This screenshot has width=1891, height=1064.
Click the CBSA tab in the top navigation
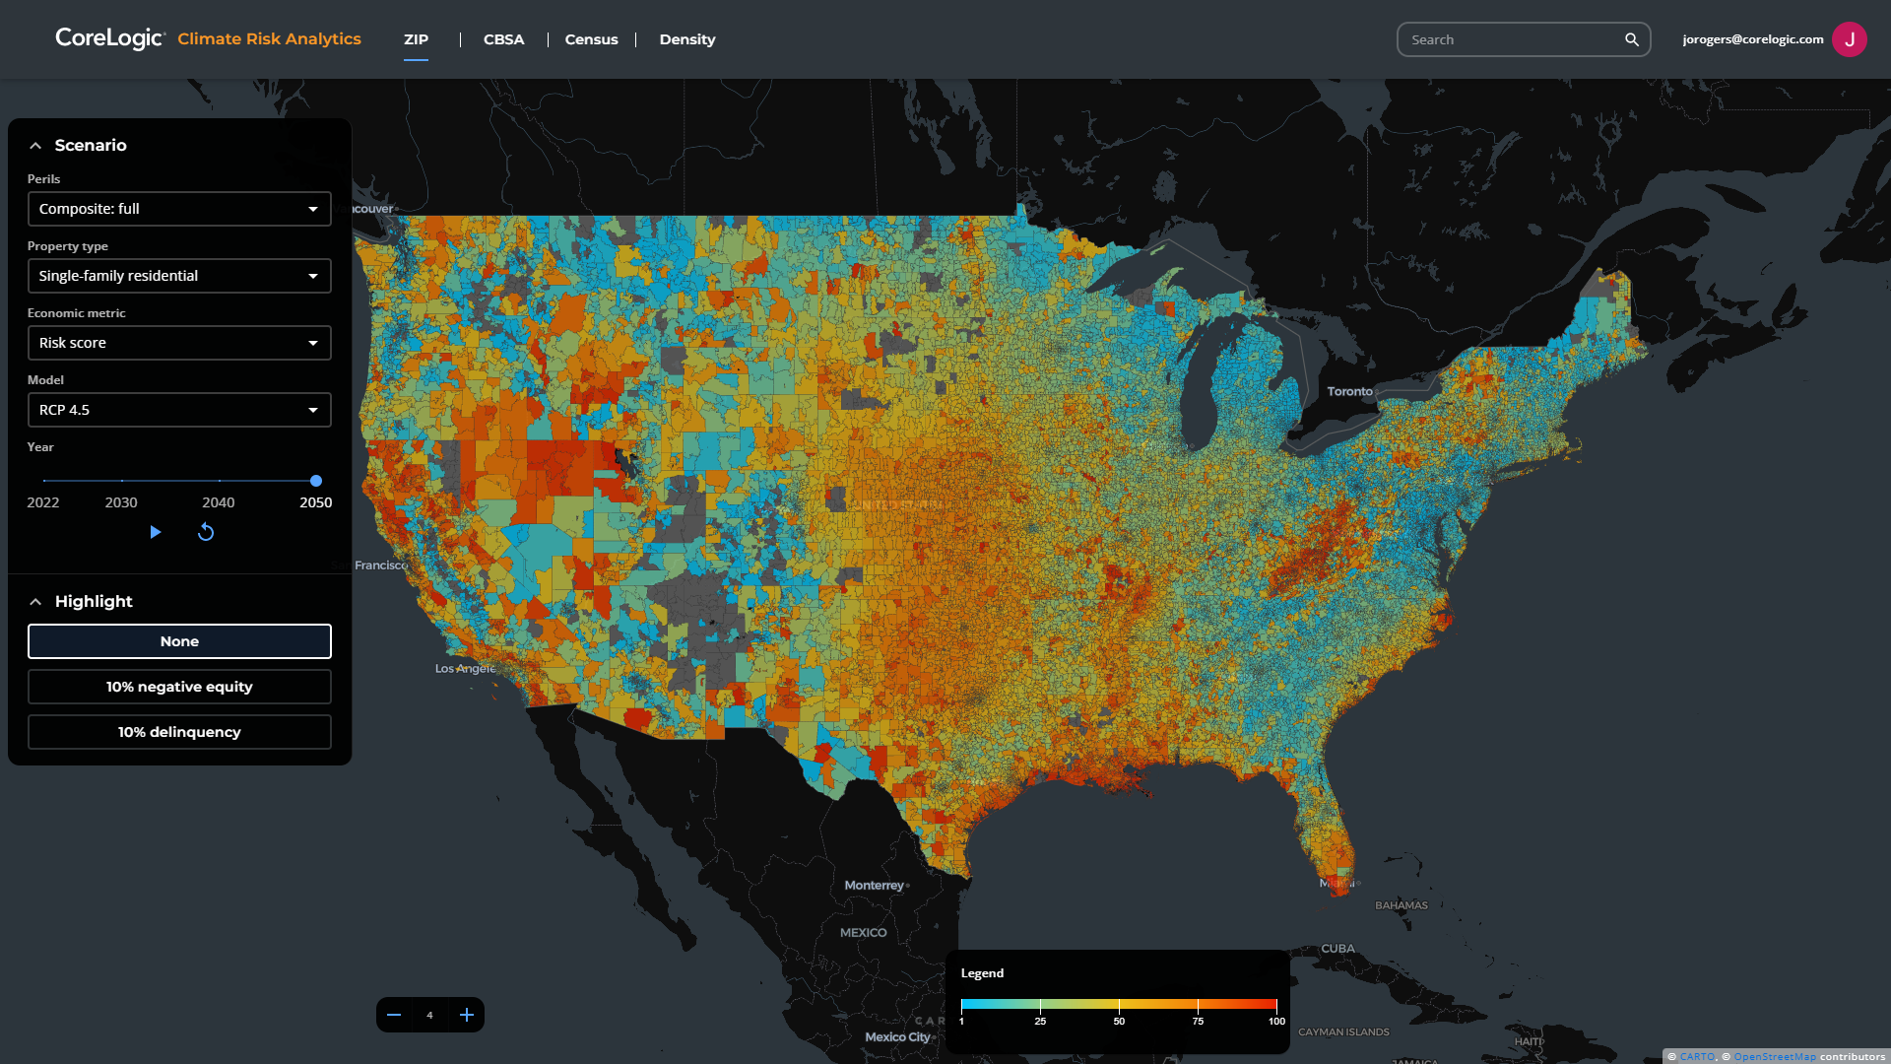click(x=503, y=39)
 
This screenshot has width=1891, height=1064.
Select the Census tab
click(x=591, y=39)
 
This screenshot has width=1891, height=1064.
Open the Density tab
click(x=686, y=39)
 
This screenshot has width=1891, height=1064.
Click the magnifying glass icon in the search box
click(x=1631, y=39)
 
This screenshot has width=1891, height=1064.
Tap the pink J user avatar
click(x=1849, y=39)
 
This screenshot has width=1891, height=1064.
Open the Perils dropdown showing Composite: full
click(x=179, y=209)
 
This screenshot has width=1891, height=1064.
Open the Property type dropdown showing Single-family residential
click(x=179, y=276)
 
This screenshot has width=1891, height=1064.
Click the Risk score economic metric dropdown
click(x=179, y=343)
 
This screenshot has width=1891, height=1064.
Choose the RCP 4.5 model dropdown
click(x=179, y=410)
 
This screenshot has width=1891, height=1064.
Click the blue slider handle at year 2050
click(x=316, y=481)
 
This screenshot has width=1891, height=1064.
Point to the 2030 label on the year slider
click(x=121, y=502)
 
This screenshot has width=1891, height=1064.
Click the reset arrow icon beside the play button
click(x=206, y=532)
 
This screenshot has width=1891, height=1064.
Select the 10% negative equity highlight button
click(x=179, y=687)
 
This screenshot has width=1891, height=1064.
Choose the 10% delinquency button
click(x=179, y=732)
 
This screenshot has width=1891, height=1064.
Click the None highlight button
click(x=179, y=641)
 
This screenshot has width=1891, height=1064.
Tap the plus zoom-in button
click(x=467, y=1015)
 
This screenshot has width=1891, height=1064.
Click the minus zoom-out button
click(x=394, y=1015)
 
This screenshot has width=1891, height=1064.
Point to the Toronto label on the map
click(x=1349, y=391)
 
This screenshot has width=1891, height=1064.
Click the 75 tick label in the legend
click(x=1198, y=1022)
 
